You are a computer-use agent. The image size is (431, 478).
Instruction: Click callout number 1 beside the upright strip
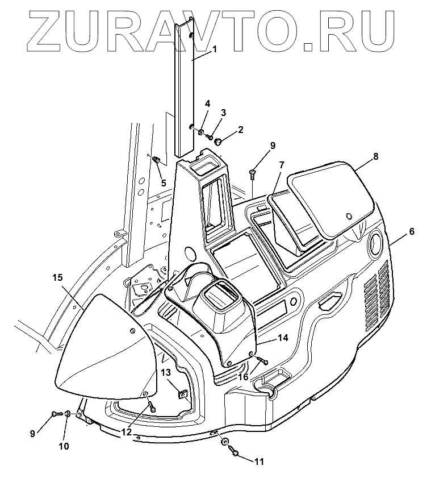pyautogui.click(x=215, y=50)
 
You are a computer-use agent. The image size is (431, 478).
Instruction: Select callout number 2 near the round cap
pyautogui.click(x=240, y=130)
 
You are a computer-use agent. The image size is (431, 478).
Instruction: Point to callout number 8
pyautogui.click(x=375, y=155)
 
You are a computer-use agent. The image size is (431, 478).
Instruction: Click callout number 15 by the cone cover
pyautogui.click(x=57, y=278)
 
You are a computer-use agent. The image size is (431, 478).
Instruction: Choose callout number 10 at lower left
pyautogui.click(x=64, y=446)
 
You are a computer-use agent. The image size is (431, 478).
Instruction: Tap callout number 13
pyautogui.click(x=165, y=372)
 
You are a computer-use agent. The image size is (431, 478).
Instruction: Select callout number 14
pyautogui.click(x=283, y=338)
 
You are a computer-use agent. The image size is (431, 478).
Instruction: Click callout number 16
pyautogui.click(x=242, y=377)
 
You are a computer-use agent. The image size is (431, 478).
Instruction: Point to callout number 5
pyautogui.click(x=164, y=183)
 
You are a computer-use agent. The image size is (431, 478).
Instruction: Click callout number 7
pyautogui.click(x=281, y=165)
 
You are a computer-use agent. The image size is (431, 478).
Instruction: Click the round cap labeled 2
pyautogui.click(x=217, y=136)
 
